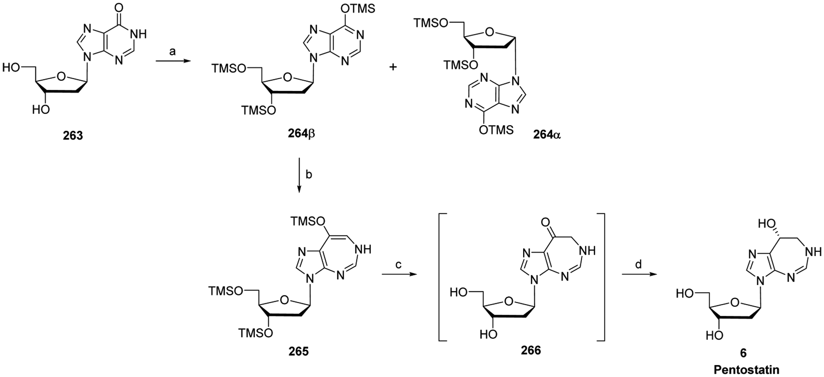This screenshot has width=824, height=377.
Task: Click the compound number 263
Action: [x=73, y=135]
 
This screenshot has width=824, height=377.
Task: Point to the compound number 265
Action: [x=298, y=352]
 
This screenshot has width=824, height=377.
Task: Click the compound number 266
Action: [x=531, y=350]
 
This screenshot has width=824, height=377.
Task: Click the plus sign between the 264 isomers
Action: [x=393, y=67]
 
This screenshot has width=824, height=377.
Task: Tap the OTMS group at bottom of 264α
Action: [x=496, y=130]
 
